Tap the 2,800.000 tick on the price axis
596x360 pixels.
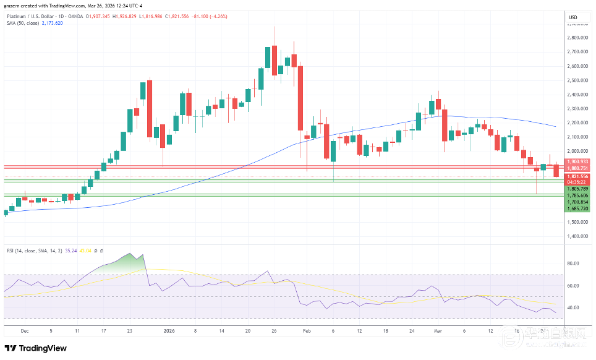[577, 38]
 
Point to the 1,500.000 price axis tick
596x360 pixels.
[577, 222]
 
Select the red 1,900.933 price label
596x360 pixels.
[577, 161]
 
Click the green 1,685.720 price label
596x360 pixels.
[577, 208]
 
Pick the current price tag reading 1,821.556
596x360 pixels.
[577, 176]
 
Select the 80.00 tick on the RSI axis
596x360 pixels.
[573, 264]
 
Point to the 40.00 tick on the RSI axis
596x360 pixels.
[573, 307]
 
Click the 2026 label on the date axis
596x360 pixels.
[169, 331]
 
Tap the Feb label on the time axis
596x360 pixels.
[306, 331]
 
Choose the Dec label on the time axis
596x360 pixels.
[25, 331]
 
